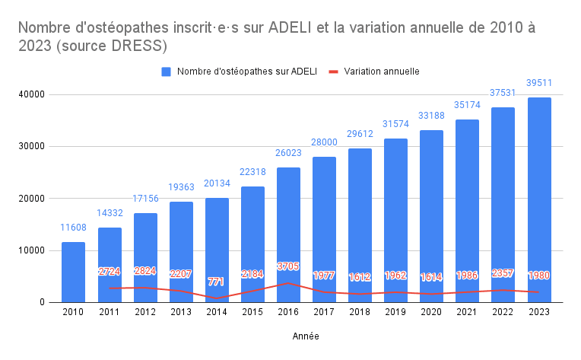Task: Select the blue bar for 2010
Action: [73, 272]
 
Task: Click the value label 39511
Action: [538, 83]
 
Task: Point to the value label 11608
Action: [73, 228]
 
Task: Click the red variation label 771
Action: [216, 282]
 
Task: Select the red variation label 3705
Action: [287, 266]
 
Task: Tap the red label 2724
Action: [109, 272]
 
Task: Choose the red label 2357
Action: [503, 273]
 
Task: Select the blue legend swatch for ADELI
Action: [166, 72]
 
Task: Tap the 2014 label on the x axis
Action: [216, 312]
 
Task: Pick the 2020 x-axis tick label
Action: [430, 312]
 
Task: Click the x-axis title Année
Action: [306, 336]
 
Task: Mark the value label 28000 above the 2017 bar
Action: [323, 142]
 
